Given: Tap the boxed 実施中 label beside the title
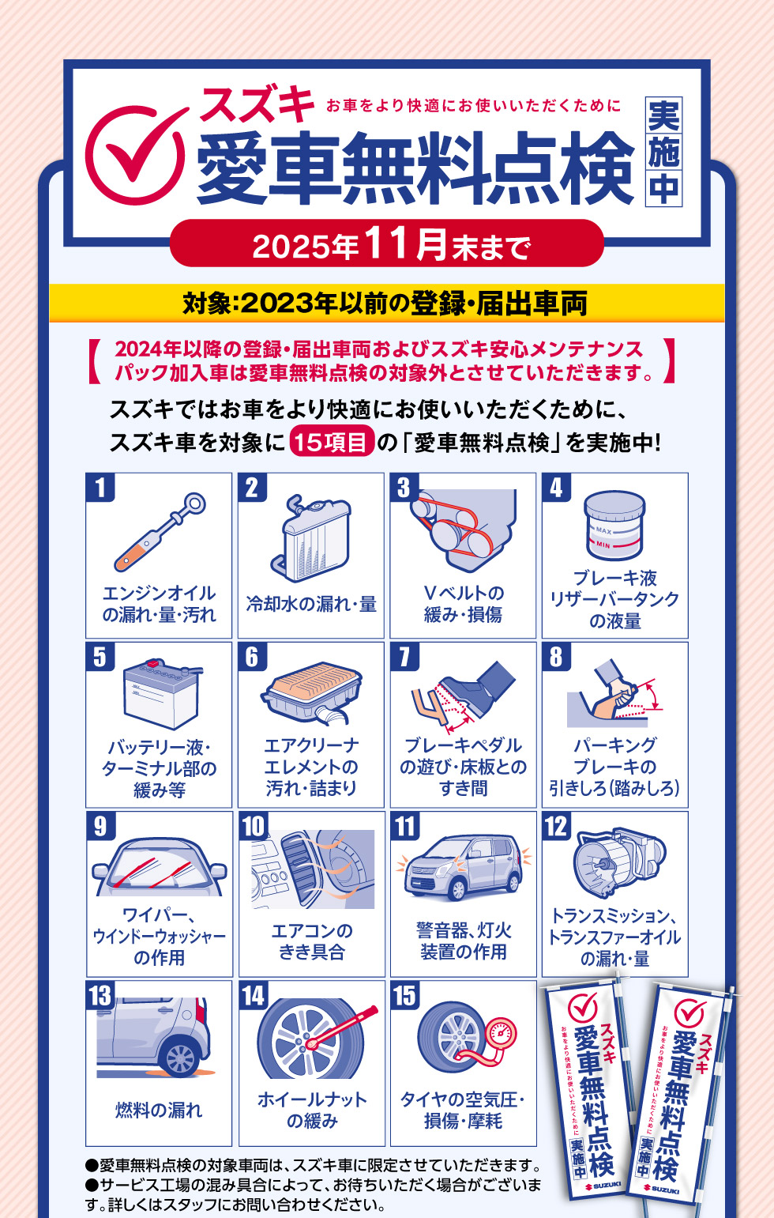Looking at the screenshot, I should [x=663, y=153].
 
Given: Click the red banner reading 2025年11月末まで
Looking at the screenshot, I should [x=387, y=244].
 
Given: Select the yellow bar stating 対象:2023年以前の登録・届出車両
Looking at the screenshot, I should [x=386, y=303].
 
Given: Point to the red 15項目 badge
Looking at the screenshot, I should [x=332, y=442].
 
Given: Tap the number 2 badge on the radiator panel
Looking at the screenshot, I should [x=252, y=487].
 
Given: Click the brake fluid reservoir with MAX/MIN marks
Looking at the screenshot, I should [x=614, y=526].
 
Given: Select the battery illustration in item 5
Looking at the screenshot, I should [x=161, y=694].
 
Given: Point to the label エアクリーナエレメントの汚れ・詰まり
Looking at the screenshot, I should [x=311, y=767].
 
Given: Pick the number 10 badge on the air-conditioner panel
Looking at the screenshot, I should [x=254, y=826].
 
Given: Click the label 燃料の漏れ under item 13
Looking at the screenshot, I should [x=159, y=1110].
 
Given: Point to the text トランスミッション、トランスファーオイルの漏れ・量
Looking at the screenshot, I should [x=614, y=937].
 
